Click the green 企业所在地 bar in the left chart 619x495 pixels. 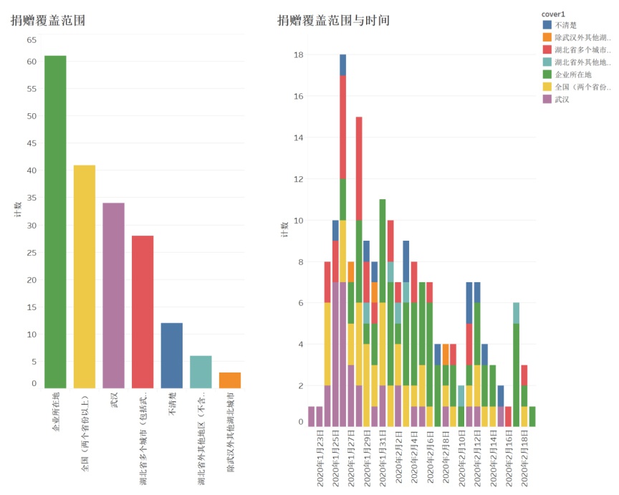tap(55, 222)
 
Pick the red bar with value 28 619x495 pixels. tap(143, 312)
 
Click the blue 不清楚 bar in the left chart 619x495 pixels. tap(171, 355)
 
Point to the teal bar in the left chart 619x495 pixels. tap(201, 372)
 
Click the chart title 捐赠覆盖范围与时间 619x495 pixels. tap(333, 21)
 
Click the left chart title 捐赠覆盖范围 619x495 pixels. tap(48, 21)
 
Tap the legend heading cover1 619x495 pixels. tap(555, 14)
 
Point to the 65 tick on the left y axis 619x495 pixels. tap(32, 40)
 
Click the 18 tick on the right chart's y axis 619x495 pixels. tap(299, 55)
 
